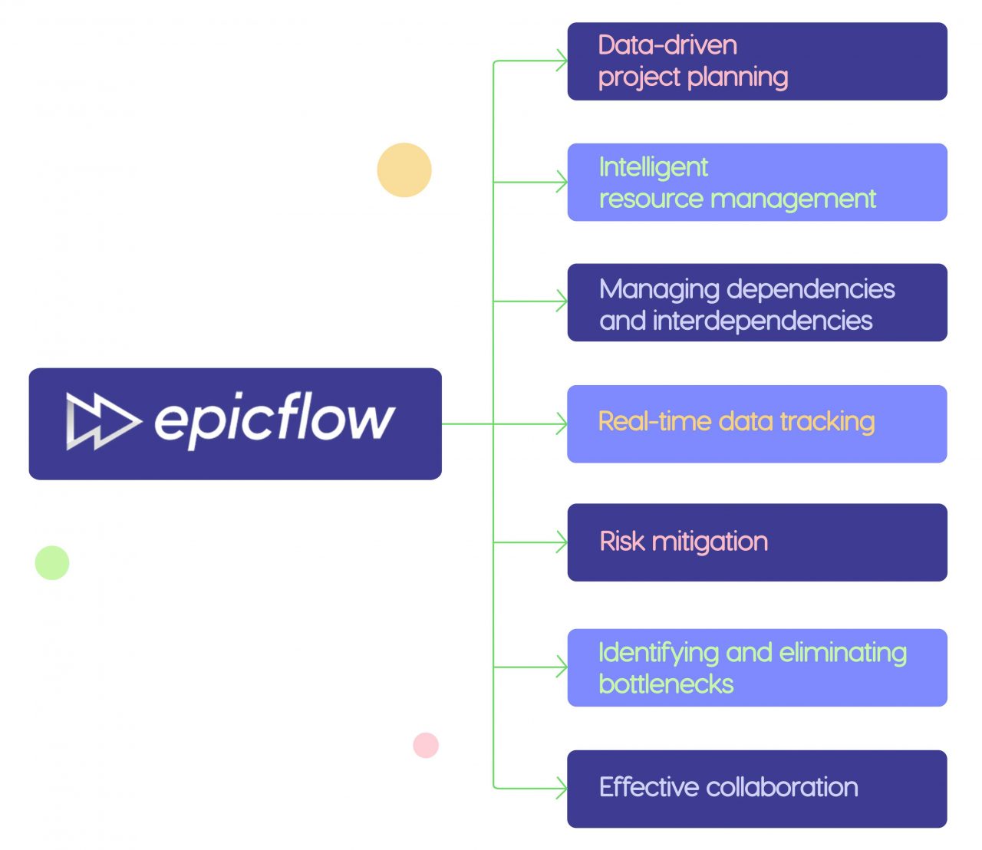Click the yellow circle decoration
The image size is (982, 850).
(x=404, y=170)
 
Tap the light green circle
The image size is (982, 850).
(x=52, y=562)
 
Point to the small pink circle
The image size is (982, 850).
(x=426, y=745)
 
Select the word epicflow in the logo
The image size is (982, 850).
(x=275, y=420)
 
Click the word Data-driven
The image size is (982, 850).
(x=667, y=45)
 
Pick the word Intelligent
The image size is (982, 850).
(x=654, y=168)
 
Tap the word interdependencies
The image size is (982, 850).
(x=763, y=321)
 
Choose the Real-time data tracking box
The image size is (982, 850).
(x=757, y=423)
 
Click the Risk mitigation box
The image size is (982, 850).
(x=757, y=542)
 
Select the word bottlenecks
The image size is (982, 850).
(x=666, y=684)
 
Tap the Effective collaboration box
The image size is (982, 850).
(x=757, y=789)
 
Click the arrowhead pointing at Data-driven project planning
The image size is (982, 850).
(x=562, y=61)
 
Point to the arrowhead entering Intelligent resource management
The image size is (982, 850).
(x=562, y=182)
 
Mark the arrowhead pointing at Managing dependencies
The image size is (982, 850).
(x=562, y=301)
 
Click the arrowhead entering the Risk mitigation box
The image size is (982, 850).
(x=562, y=542)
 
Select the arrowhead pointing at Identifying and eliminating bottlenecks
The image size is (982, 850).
(x=562, y=667)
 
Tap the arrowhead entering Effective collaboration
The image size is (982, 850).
(x=562, y=788)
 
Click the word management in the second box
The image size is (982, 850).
(x=793, y=199)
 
